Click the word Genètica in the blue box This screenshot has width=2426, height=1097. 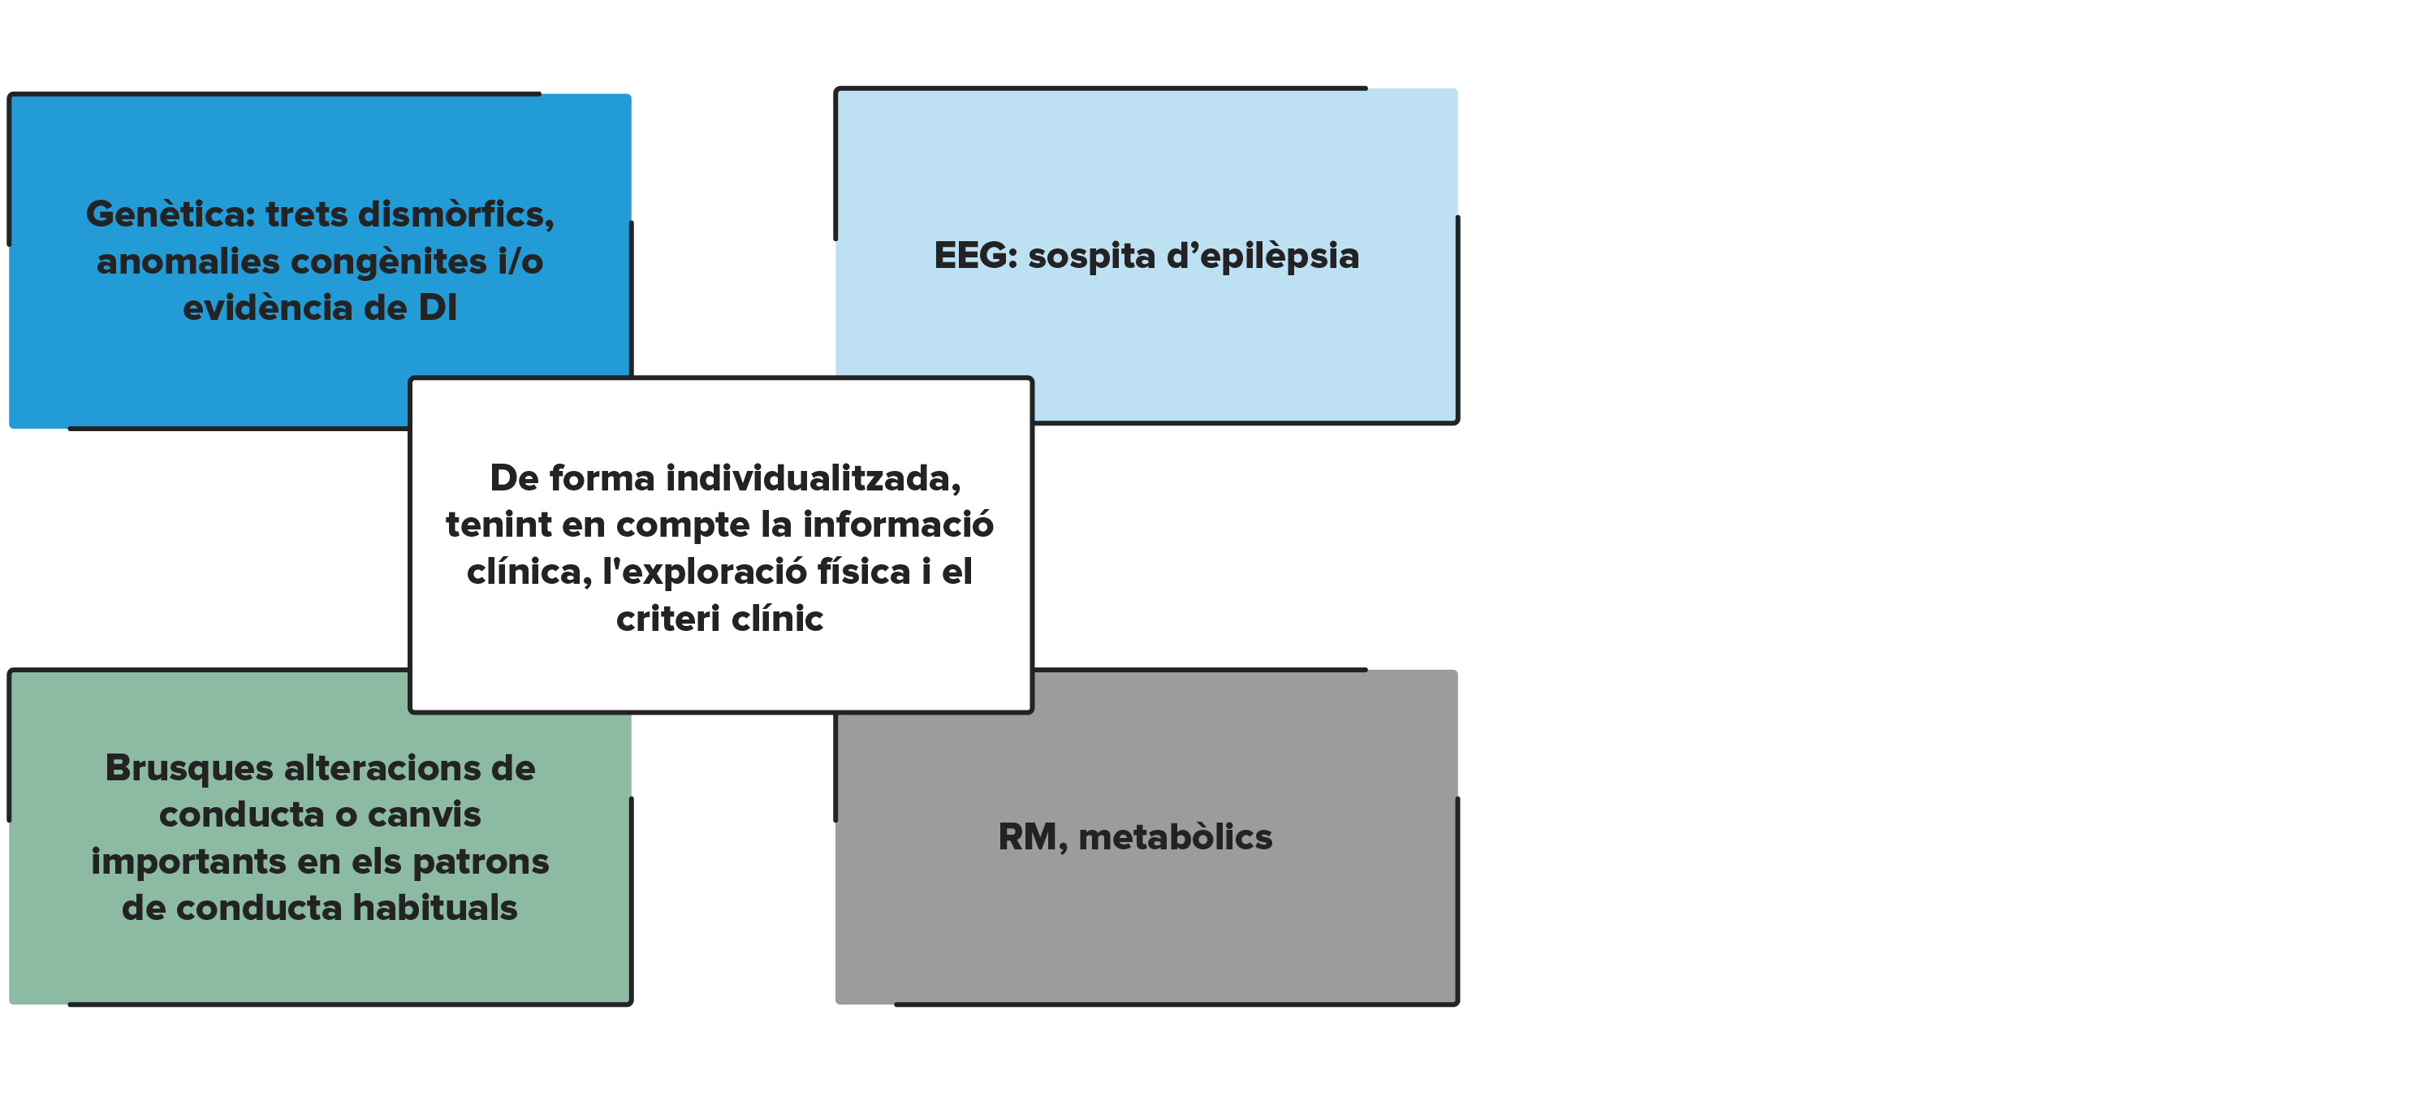pos(171,214)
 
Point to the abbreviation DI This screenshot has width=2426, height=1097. pos(438,308)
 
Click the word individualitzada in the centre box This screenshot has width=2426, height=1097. pos(813,479)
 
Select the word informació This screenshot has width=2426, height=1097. pos(897,525)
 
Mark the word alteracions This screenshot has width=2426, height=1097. pos(382,768)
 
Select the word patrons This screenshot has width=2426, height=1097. pos(481,862)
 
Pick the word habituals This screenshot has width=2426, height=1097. pos(435,908)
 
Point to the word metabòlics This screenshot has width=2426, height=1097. pos(1176,837)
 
